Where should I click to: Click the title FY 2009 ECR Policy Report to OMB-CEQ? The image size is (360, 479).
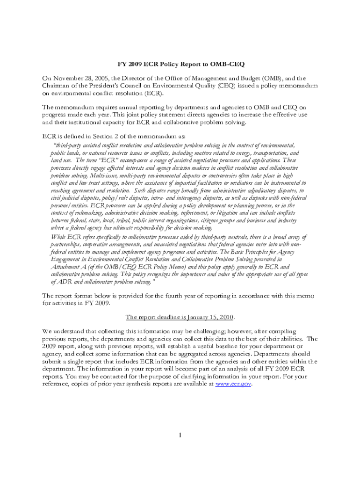click(x=180, y=64)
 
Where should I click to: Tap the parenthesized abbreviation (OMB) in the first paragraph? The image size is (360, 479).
click(x=273, y=78)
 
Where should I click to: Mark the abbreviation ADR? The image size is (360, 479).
click(x=65, y=282)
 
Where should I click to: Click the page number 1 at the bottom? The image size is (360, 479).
click(x=180, y=436)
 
